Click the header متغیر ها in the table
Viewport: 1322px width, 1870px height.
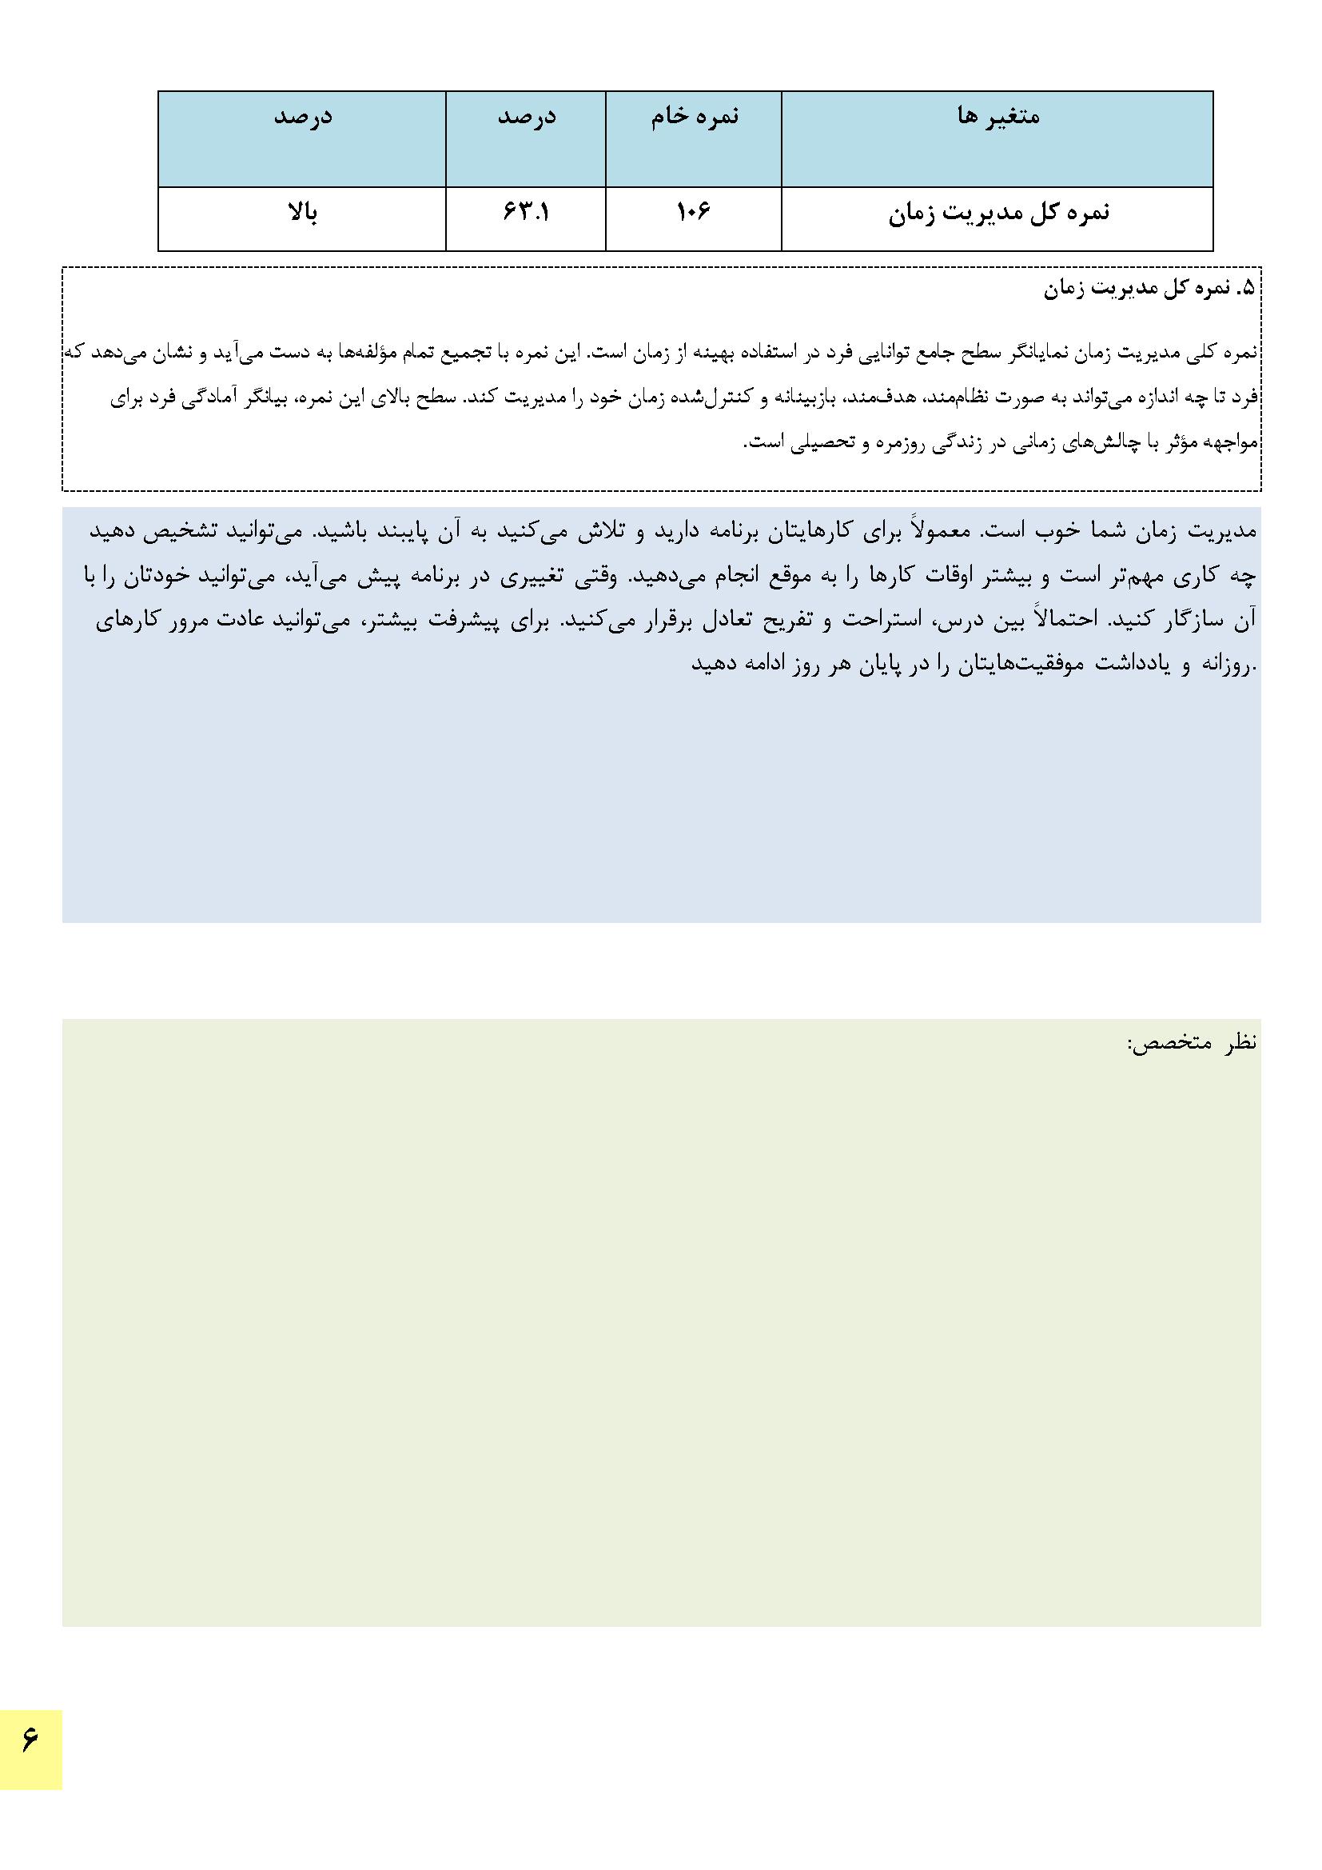(998, 117)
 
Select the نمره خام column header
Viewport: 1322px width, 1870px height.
(695, 117)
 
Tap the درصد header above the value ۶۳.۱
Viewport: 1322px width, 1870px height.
(526, 117)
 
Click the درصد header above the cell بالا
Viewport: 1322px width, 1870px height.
(302, 117)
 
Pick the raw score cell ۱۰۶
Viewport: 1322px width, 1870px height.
(694, 213)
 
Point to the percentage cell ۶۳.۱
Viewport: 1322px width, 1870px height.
(526, 213)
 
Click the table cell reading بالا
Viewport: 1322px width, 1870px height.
(302, 213)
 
